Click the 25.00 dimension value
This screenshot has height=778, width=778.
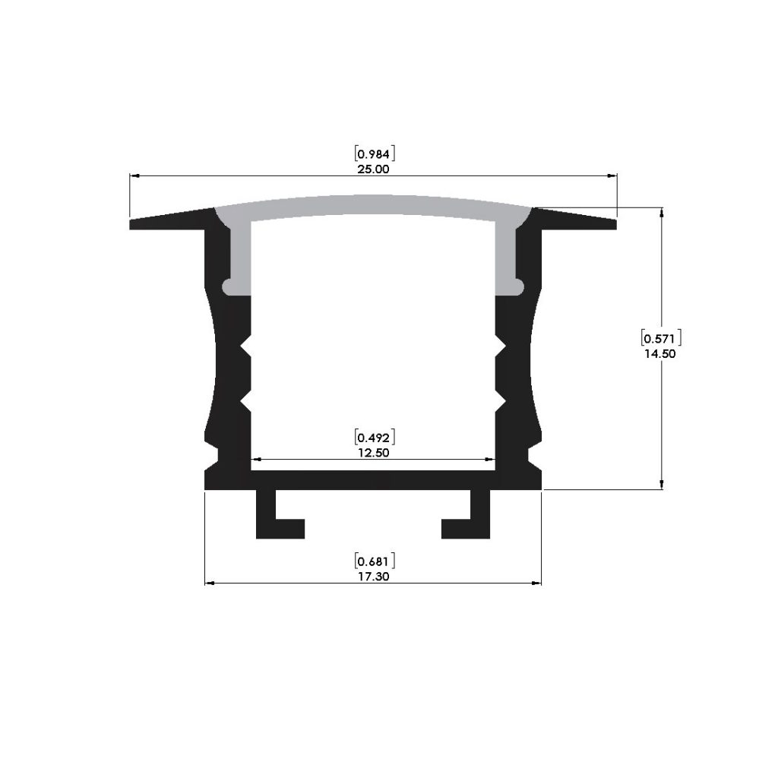373,169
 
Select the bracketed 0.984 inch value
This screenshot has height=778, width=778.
373,154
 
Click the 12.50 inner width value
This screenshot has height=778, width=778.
373,452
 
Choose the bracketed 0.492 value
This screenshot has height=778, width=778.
373,437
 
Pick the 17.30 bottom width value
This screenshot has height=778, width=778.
373,577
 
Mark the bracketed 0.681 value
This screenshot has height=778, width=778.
373,561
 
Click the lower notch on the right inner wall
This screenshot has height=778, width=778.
501,401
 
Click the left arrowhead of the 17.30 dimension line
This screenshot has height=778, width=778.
210,583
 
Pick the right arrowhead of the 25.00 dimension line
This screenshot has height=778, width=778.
612,176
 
